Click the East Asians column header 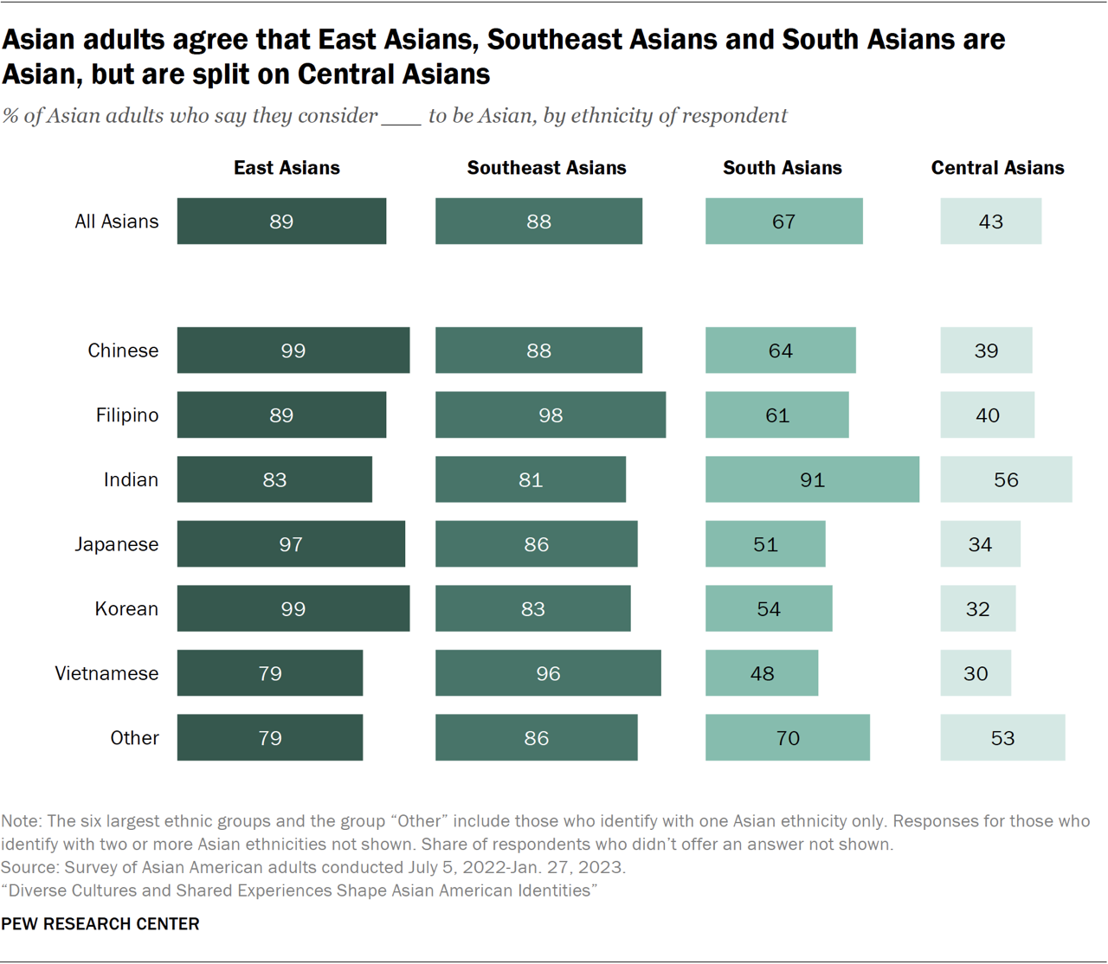(x=287, y=168)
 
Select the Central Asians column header (x=997, y=168)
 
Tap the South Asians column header (x=782, y=168)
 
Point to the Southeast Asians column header (x=546, y=168)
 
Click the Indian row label (x=131, y=479)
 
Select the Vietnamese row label (x=106, y=673)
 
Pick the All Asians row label (x=116, y=222)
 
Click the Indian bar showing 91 (x=812, y=479)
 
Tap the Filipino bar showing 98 (x=551, y=415)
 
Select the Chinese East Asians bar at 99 (x=293, y=350)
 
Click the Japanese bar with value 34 (x=980, y=544)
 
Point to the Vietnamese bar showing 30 (x=976, y=673)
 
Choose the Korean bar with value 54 (x=769, y=608)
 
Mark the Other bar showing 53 (x=1002, y=737)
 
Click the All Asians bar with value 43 (x=990, y=222)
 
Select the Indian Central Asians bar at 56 (x=1006, y=479)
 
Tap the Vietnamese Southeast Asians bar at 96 (x=548, y=673)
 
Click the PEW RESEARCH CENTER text (x=100, y=924)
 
